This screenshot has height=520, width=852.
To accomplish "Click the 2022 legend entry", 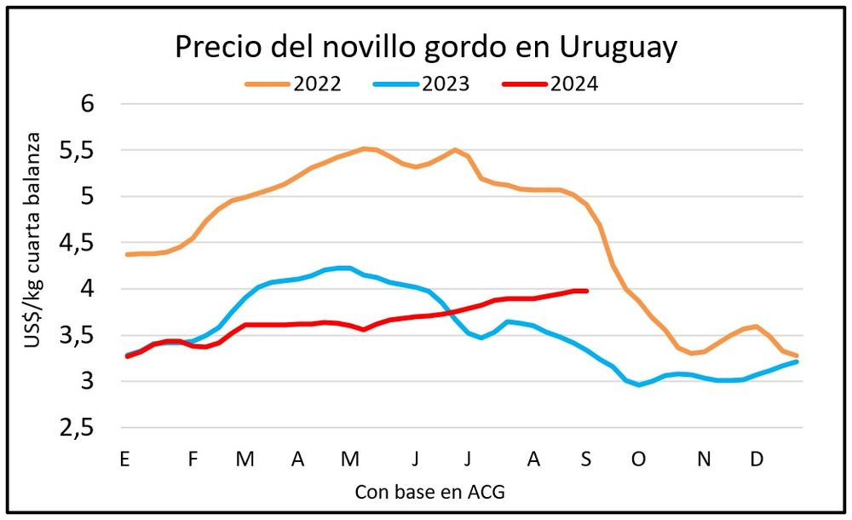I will tap(317, 84).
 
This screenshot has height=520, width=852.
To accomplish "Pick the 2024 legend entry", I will tap(573, 84).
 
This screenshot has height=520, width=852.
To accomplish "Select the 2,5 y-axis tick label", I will tap(82, 428).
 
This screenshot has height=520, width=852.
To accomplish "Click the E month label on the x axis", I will tap(124, 459).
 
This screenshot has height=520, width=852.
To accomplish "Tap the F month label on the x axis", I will tap(193, 459).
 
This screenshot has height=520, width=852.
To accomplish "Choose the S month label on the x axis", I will tap(585, 459).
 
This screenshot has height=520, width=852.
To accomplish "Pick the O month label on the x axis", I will tap(638, 459).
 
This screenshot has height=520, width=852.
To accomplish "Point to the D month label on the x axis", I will tap(756, 459).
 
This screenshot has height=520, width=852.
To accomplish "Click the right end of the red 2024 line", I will tap(587, 291).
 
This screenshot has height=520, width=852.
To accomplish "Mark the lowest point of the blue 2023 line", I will tap(639, 385).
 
